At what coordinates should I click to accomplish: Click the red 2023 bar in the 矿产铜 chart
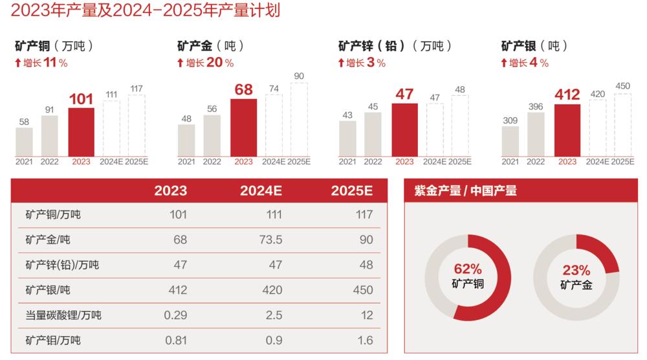coord(81,131)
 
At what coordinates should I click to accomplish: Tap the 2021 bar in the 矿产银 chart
coord(510,141)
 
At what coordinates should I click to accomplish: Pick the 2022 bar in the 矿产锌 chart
coord(373,134)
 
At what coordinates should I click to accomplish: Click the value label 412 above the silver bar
coord(567,94)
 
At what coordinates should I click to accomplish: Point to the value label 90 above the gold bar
coord(299,76)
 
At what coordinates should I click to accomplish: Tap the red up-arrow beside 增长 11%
coord(18,63)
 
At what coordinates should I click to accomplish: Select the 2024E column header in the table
coord(261,190)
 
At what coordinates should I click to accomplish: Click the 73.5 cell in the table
coord(270,240)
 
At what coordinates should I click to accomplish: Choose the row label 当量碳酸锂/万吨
coord(63,315)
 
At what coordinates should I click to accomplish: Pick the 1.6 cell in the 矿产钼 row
coord(366,340)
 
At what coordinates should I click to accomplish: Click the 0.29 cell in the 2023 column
coord(176,315)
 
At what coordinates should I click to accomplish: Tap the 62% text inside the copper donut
coord(468,269)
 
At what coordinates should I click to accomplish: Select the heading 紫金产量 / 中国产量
coord(465,190)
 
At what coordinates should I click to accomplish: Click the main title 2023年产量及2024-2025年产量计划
coord(146,10)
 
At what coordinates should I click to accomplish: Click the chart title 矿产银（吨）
coord(534,46)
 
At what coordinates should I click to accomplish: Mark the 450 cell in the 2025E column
coord(363,290)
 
